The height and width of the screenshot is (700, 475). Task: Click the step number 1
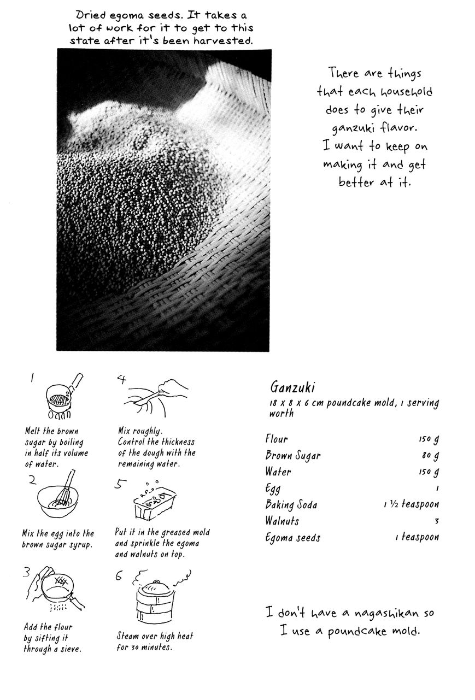coord(32,378)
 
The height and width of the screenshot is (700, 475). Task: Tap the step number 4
coord(122,379)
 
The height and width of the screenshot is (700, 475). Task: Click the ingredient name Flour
coord(277,439)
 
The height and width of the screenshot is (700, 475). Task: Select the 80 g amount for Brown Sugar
coord(430,456)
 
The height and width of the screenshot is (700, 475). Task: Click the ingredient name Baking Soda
coord(291,505)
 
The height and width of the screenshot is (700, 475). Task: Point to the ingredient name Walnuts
coord(283,521)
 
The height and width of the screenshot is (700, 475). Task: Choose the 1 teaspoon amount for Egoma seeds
coord(417,538)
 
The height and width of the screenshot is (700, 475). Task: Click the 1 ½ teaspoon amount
coord(411,505)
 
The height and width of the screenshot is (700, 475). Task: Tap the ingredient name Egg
coord(273,489)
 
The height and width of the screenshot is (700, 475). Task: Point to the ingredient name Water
coord(278,472)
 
